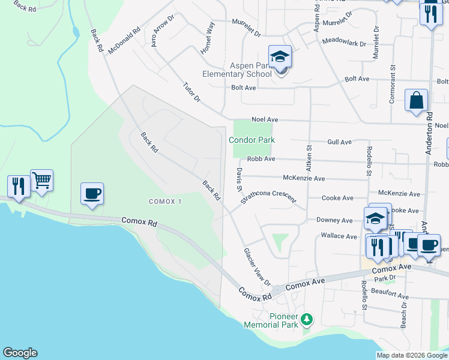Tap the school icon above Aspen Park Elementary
[280, 57]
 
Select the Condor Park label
[252, 140]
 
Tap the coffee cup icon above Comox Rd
[92, 194]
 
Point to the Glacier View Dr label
[258, 267]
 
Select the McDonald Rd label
[124, 41]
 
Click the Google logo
[20, 353]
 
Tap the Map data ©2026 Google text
[411, 355]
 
